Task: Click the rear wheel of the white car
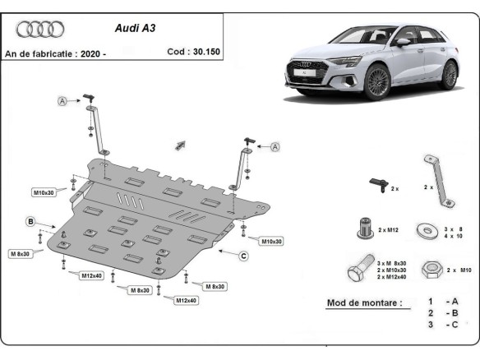(x=448, y=75)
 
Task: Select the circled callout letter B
(x=30, y=222)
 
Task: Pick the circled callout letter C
(x=243, y=256)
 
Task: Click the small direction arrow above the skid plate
(x=180, y=145)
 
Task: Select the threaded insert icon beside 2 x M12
(x=366, y=226)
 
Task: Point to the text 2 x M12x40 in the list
(x=392, y=278)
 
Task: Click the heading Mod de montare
(x=364, y=302)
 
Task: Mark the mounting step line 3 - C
(x=442, y=325)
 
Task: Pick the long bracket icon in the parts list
(x=435, y=178)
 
